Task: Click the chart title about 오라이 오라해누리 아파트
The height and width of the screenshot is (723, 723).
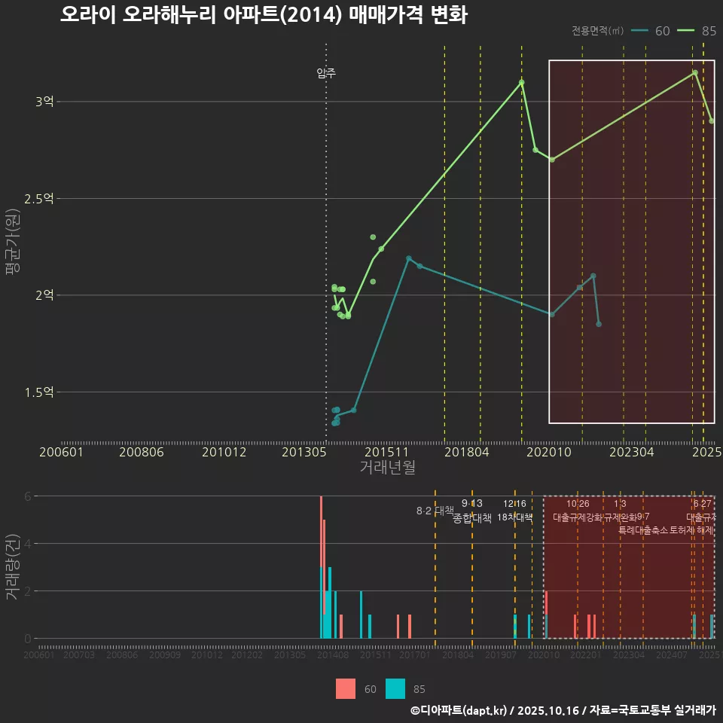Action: [264, 15]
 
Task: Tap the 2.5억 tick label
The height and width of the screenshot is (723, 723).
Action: [39, 198]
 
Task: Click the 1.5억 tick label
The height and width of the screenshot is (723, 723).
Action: [39, 392]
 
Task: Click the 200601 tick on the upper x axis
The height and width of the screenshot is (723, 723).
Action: [61, 452]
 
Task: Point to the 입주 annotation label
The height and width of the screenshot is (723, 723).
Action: [326, 73]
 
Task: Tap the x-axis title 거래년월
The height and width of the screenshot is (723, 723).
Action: [387, 467]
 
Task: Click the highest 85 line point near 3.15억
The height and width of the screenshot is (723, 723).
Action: [694, 72]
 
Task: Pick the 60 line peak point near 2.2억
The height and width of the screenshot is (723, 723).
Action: [409, 258]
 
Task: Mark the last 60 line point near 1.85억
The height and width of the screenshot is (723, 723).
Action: [599, 324]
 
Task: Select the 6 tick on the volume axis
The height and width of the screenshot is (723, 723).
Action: [28, 496]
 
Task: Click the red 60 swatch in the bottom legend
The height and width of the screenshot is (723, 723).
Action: [346, 688]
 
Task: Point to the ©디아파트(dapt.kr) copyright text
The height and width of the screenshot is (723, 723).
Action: [460, 709]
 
